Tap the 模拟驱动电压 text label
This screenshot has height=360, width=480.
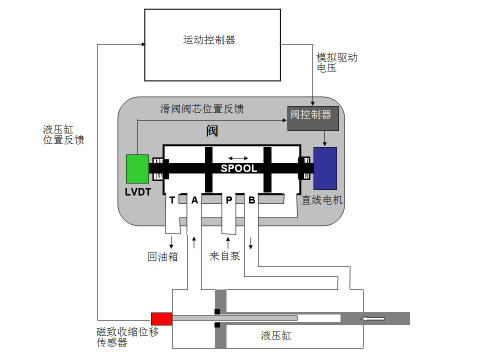336,63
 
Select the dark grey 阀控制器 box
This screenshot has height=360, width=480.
313,115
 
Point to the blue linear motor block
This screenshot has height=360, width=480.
325,167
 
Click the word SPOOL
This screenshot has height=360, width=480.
239,169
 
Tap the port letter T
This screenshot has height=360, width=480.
172,200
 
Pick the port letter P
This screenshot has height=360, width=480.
229,200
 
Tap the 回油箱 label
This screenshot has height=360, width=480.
163,256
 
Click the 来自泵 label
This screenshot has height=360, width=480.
224,256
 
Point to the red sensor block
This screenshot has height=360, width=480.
161,318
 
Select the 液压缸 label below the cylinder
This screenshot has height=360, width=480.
276,336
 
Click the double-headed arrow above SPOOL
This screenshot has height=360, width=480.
239,157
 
